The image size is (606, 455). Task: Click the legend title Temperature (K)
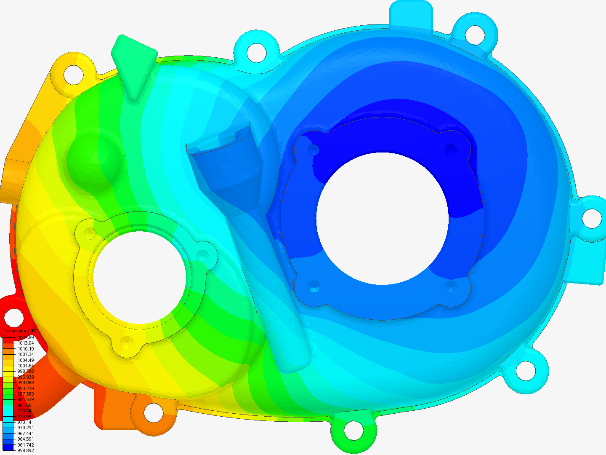click(19, 331)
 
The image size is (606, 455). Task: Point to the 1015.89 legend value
click(25, 337)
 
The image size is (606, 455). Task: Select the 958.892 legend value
click(25, 450)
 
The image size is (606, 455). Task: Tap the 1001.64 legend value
click(25, 366)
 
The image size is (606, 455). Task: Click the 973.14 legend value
click(24, 422)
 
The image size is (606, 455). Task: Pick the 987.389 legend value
click(25, 394)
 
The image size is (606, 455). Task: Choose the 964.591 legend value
click(25, 439)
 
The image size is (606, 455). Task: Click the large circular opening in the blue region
click(382, 218)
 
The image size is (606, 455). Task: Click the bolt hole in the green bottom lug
click(353, 430)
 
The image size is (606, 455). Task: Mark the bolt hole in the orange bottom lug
click(153, 413)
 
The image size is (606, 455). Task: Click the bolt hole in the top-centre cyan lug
click(256, 52)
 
